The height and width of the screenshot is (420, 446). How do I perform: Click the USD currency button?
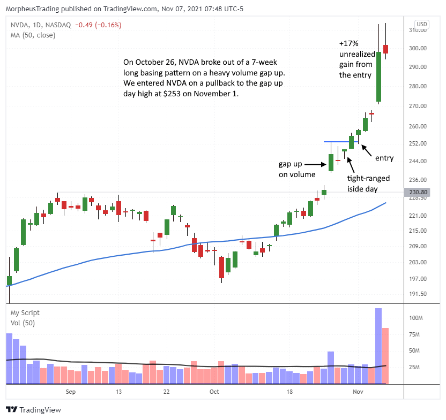pos(422,24)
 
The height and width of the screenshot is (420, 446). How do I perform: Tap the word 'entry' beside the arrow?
pos(384,158)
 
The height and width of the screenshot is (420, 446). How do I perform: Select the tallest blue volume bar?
pos(378,346)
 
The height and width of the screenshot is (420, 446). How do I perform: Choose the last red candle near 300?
pos(385,49)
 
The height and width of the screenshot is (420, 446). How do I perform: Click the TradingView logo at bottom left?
pos(33,410)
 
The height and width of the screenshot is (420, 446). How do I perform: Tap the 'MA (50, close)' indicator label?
pos(33,35)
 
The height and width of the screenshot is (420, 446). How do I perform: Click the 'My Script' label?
pos(25,312)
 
